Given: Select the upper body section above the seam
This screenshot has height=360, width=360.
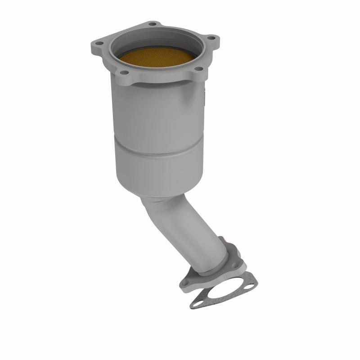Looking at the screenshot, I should click(155, 112).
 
